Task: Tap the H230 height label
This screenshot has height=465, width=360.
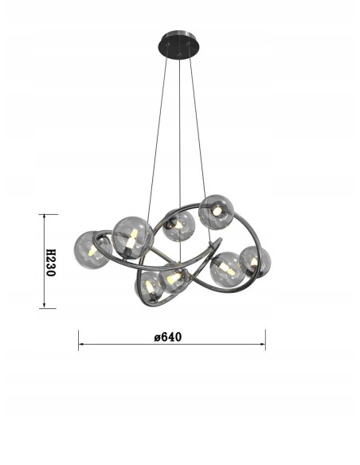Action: point(49,261)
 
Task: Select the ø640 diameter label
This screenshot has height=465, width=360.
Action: point(168,336)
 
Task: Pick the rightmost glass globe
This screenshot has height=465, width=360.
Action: point(255,261)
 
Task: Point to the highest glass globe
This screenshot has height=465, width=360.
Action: point(215,211)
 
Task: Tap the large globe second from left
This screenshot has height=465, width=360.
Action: point(132,235)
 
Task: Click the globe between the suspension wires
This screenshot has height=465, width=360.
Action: point(179,225)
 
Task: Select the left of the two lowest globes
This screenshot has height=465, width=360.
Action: point(151,284)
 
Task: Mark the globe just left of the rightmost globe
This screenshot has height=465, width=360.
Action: point(227,267)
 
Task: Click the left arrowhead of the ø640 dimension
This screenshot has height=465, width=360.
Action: point(80,346)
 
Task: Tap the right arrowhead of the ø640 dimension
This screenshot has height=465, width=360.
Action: point(264,346)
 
